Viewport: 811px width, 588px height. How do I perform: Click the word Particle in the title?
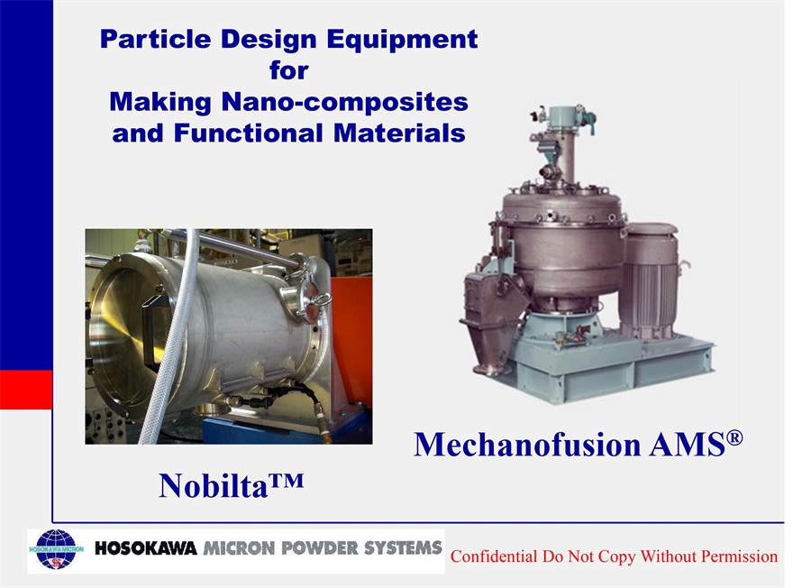155,39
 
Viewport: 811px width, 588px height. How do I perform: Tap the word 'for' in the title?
288,69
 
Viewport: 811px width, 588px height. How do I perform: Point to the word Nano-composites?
344,101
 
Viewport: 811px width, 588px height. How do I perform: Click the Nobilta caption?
231,485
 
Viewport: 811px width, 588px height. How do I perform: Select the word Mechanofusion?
527,444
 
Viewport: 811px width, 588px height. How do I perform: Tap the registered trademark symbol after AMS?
734,438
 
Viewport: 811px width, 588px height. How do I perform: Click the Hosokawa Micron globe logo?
57,549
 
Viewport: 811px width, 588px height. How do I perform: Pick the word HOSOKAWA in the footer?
145,548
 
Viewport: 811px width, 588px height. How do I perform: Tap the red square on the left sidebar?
26,390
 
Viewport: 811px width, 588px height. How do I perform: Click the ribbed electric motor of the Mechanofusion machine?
651,281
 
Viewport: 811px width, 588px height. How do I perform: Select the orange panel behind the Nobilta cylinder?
351,331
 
